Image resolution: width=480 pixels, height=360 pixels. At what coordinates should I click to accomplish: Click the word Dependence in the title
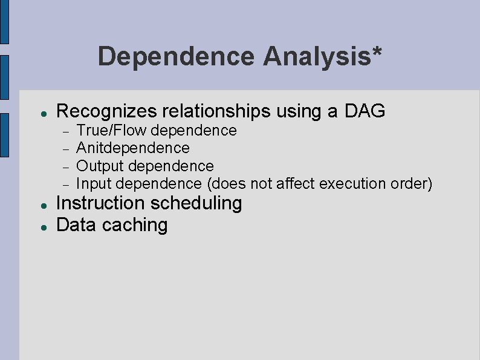[x=176, y=56]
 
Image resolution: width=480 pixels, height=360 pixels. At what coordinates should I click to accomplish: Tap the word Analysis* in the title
[x=322, y=56]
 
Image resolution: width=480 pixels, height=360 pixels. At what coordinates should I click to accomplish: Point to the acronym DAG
[x=365, y=111]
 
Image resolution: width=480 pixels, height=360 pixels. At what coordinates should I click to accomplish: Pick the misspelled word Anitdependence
[x=133, y=148]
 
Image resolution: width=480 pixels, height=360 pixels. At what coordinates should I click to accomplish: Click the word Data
[x=76, y=225]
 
